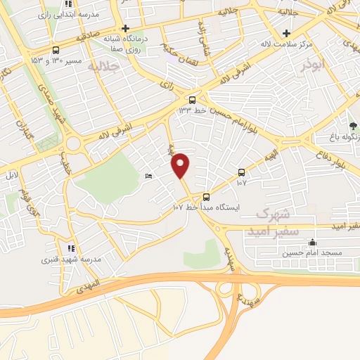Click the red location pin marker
(x=181, y=165)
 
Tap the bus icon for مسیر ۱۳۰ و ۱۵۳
(x=56, y=50)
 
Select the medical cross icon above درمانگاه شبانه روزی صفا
(x=125, y=29)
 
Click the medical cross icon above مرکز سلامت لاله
(x=286, y=33)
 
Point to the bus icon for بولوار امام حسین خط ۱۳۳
(x=193, y=99)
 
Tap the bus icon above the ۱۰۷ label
(x=241, y=172)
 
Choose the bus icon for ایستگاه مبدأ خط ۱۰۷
(x=206, y=197)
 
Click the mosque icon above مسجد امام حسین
(x=312, y=242)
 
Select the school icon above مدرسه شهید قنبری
(x=70, y=248)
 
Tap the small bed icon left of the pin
(x=148, y=176)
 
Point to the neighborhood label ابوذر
(x=313, y=65)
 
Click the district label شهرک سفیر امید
(x=270, y=221)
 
